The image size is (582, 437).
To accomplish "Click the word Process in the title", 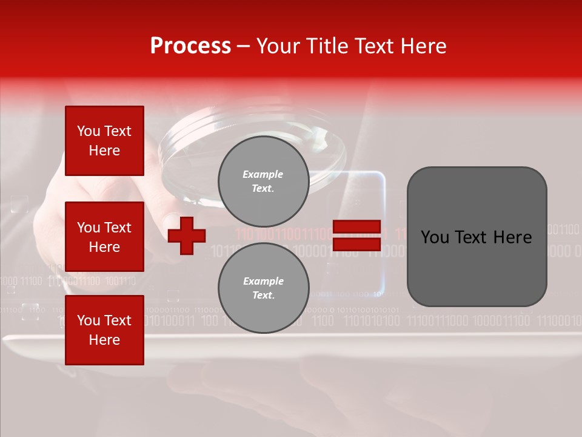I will [x=190, y=46].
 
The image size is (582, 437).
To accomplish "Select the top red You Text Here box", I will [x=104, y=141].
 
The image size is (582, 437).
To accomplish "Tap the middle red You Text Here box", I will [x=104, y=237].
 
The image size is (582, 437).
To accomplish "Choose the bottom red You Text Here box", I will [x=104, y=330].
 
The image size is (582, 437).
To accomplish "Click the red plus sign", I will [x=187, y=235].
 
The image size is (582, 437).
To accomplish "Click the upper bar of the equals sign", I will [x=356, y=227].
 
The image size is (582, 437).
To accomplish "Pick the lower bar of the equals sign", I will [x=356, y=244].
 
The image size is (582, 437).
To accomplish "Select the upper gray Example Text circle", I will [x=263, y=181].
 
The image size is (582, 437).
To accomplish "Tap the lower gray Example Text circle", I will [x=263, y=288].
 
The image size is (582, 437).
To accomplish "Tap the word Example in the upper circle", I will [x=263, y=174].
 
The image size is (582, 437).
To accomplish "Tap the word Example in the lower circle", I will [x=263, y=281].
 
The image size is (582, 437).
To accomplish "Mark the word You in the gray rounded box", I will [x=434, y=237].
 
